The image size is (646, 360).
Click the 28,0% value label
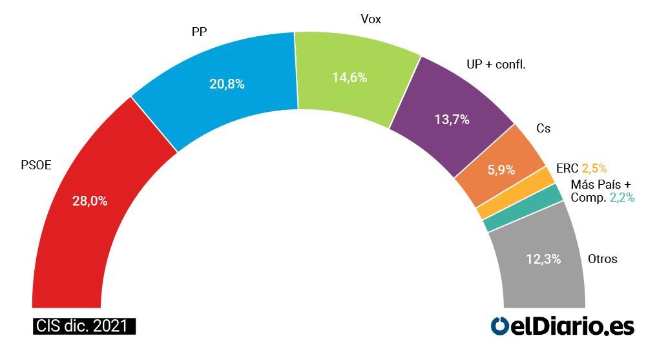tap(90, 201)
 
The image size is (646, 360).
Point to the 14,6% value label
tap(349, 78)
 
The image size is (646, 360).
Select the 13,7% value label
tap(451, 120)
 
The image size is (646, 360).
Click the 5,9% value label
tap(501, 170)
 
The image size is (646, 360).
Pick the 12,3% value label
tap(543, 259)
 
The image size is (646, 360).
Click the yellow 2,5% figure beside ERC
tap(594, 169)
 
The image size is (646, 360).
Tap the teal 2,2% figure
tap(621, 198)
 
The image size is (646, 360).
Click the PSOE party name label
tap(36, 165)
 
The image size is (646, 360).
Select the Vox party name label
tap(371, 19)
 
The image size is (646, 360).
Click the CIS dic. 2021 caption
tap(84, 326)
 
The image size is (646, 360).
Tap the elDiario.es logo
tap(562, 326)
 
